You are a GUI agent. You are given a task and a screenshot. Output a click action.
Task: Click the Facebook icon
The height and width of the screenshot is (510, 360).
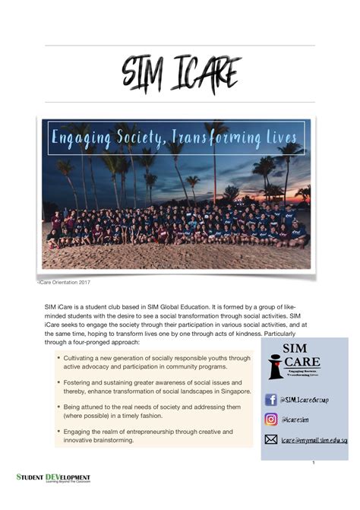[270, 400]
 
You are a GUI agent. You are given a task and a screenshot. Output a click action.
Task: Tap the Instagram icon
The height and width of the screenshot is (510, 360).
[270, 419]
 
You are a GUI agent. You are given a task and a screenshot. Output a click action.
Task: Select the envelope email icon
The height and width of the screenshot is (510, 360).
[270, 439]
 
